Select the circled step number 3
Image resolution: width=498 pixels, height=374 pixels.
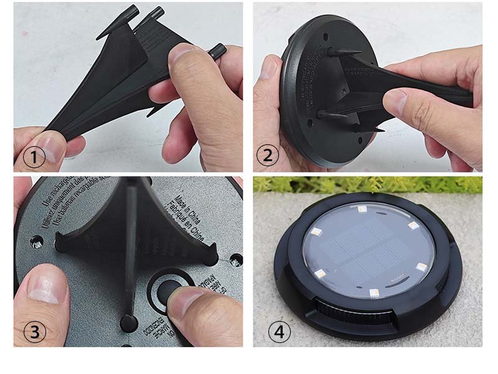click(x=35, y=332)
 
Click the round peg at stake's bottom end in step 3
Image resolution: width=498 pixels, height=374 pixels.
click(x=128, y=321)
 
